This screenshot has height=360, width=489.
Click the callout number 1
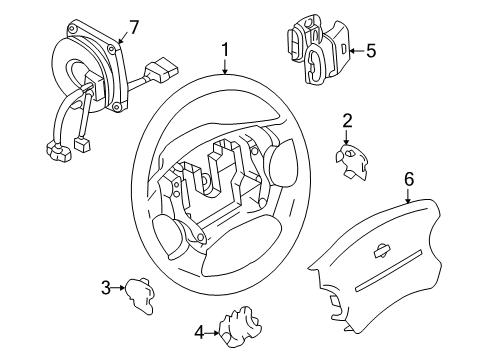[x=225, y=48]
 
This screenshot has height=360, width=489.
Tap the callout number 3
[x=104, y=289]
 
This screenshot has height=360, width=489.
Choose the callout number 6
[x=408, y=178]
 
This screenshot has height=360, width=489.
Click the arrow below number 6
[x=408, y=198]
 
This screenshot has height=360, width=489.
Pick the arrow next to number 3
[x=118, y=289]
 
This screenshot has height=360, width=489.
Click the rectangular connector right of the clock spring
[x=160, y=74]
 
